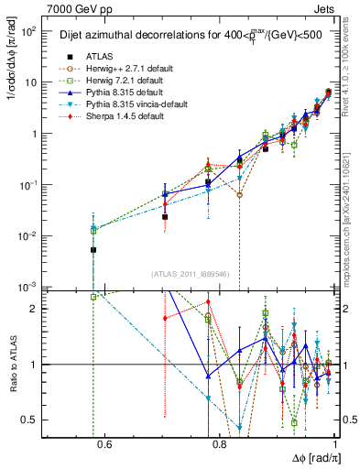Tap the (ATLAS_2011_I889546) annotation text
tap(190, 274)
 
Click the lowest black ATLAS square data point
tap(93, 249)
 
